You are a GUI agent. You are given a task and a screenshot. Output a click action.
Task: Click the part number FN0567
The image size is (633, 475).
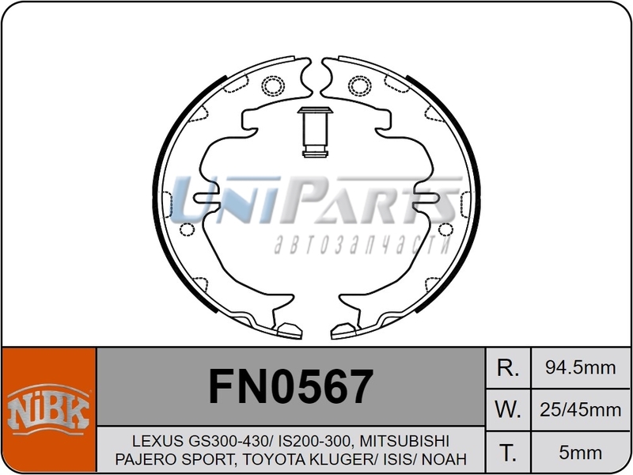coord(290,388)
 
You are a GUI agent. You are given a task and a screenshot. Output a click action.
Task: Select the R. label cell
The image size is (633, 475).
coord(507,368)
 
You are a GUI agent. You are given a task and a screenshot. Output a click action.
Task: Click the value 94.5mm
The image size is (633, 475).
coord(581,368)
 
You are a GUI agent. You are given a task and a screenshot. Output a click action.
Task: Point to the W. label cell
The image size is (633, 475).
coord(507,410)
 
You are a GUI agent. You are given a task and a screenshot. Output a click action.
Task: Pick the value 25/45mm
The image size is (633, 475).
coord(581,410)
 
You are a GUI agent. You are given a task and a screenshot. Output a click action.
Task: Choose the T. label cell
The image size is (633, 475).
coord(507,453)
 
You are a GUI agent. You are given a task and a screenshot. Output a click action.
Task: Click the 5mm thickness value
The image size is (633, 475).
coord(581,453)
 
